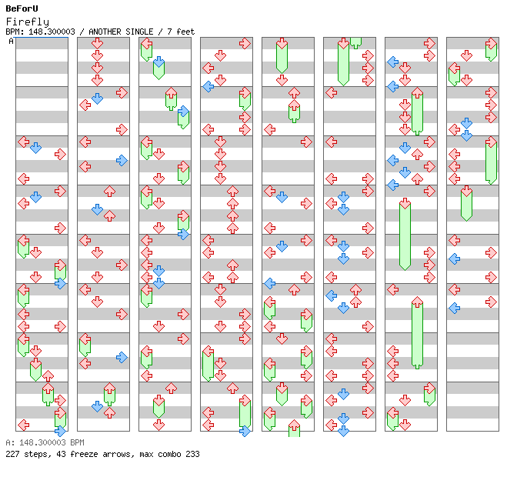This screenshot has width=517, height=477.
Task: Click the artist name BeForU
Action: coord(22,8)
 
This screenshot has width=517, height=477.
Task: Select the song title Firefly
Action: coord(28,22)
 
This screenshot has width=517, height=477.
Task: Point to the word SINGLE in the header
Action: coord(139,32)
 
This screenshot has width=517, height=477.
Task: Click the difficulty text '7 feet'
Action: coord(181,32)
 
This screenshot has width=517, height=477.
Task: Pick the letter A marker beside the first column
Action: coord(11,42)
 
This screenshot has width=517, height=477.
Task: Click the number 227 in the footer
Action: coord(12,454)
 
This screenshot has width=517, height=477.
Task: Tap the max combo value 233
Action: coord(192,454)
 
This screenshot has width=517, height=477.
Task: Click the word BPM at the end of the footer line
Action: coord(77,442)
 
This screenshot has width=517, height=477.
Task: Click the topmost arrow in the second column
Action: coord(97,43)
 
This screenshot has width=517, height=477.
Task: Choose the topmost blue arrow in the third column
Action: coord(159,62)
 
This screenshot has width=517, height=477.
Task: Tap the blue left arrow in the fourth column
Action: coord(208,86)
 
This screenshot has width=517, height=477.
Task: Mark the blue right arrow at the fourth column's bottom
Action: coord(245,431)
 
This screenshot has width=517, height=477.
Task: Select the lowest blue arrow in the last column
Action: coord(455,309)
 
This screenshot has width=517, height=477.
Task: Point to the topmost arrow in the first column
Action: coord(23,142)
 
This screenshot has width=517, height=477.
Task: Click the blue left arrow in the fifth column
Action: coord(270,283)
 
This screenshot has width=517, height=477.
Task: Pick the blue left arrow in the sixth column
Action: coord(332,295)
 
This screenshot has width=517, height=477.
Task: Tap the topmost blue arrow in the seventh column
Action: coord(393,62)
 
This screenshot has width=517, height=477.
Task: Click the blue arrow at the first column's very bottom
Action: coord(60,431)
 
